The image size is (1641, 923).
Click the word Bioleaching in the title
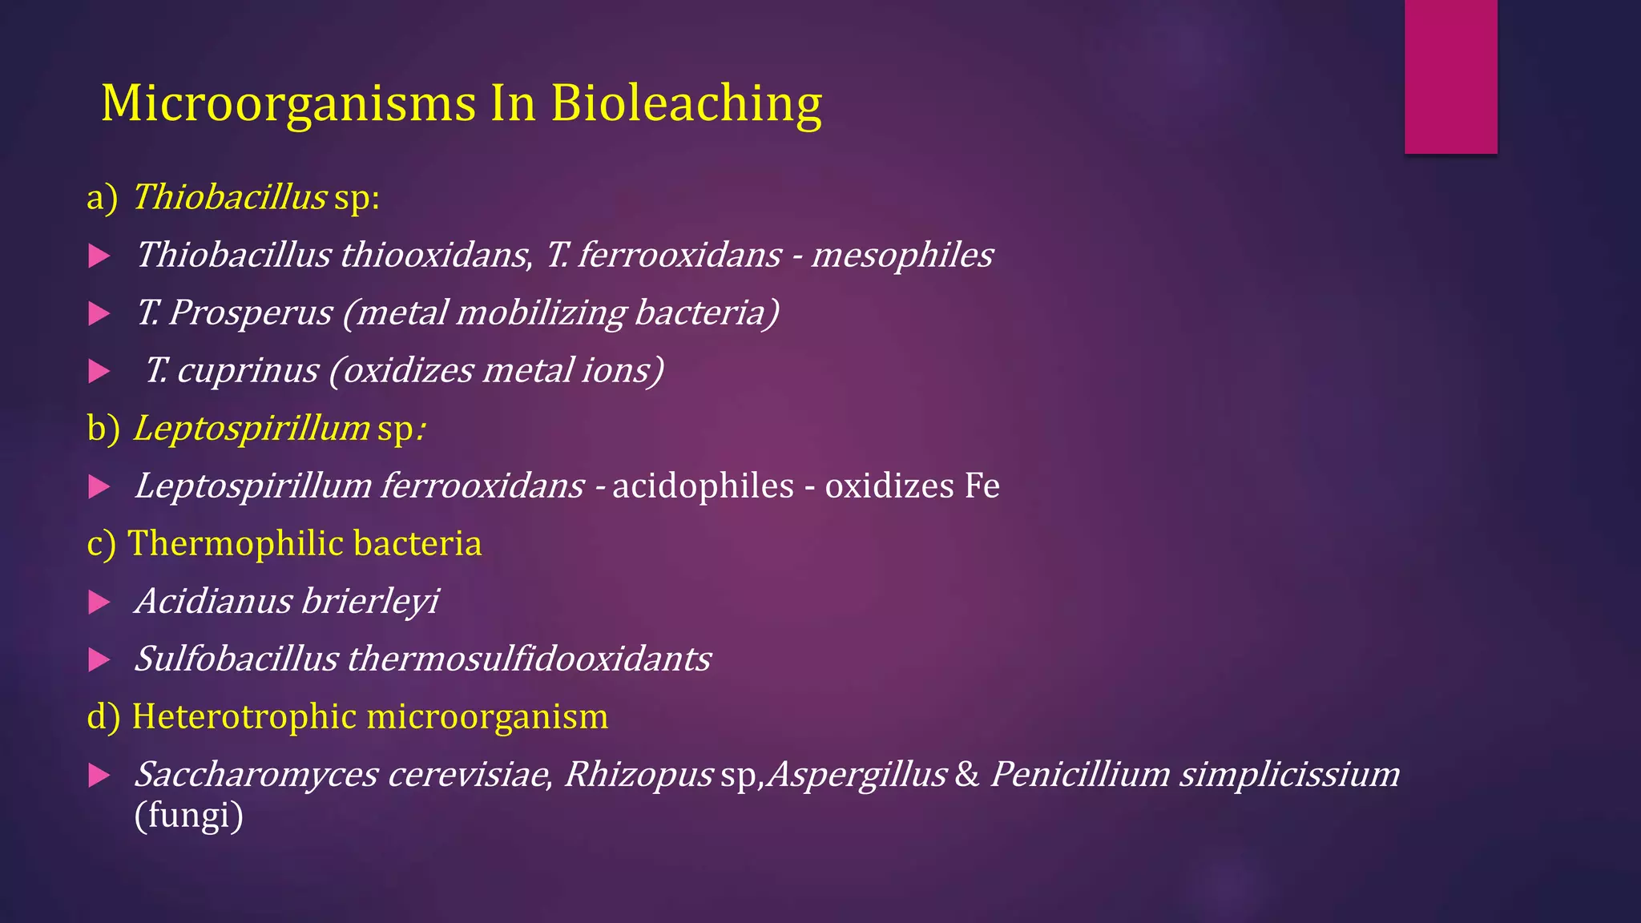click(x=686, y=104)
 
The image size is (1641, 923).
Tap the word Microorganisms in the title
click(x=288, y=104)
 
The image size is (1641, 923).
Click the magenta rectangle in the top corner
click(x=1450, y=76)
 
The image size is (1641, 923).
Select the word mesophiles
click(x=901, y=256)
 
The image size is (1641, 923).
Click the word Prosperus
click(x=249, y=313)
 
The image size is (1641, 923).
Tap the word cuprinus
click(x=247, y=371)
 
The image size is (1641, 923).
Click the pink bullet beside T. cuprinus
click(x=99, y=372)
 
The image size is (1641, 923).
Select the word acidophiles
click(x=703, y=486)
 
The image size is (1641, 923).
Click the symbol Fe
click(x=982, y=486)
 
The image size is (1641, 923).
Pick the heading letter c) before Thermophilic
click(x=101, y=544)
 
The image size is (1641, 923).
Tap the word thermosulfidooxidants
click(x=529, y=659)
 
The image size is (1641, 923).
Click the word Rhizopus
click(x=638, y=775)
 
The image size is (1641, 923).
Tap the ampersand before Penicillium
click(x=967, y=775)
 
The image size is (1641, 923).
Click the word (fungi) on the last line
click(x=188, y=816)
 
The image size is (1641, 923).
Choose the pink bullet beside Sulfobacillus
click(x=99, y=660)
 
